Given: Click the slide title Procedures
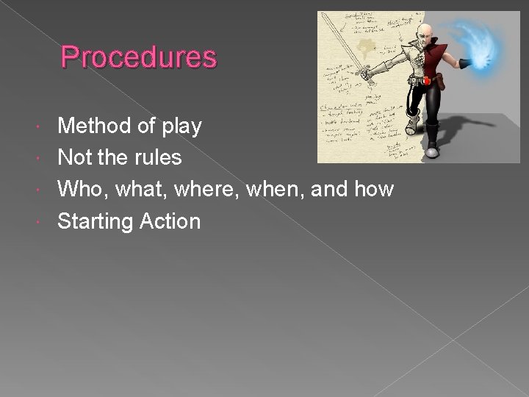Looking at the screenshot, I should click(139, 57).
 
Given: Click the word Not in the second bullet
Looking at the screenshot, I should click(76, 157).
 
